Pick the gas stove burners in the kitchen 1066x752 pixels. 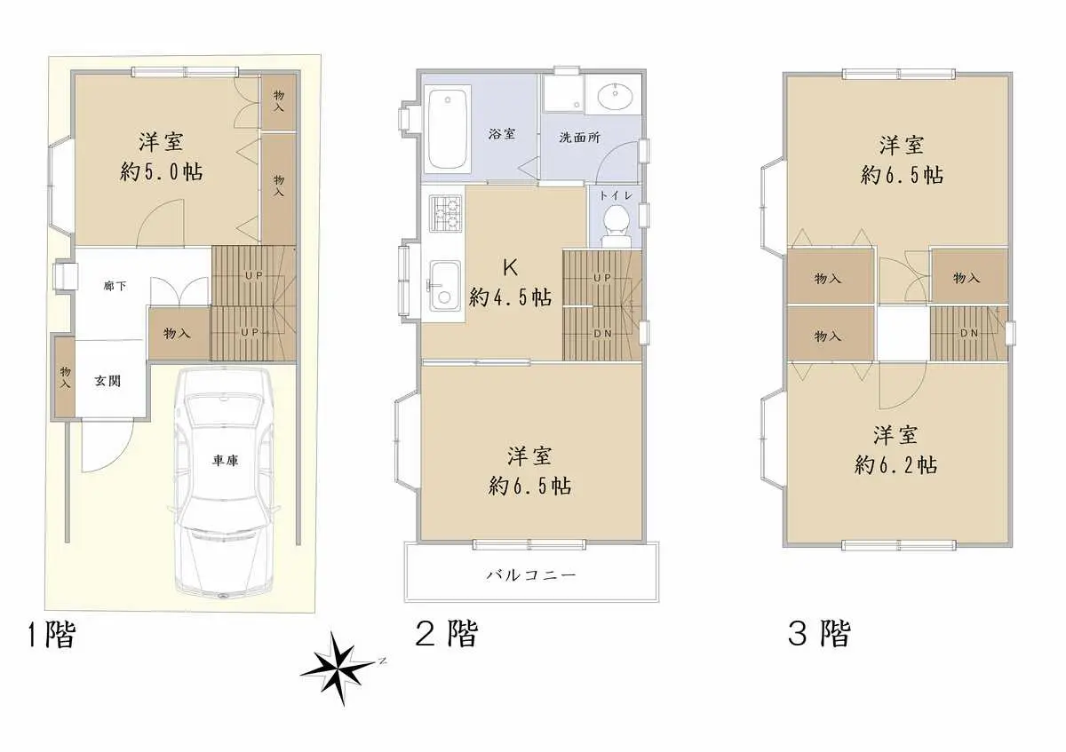(445, 214)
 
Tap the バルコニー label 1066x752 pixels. (530, 575)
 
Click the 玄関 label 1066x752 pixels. (107, 381)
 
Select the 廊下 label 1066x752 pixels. (115, 286)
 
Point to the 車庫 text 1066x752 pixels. (225, 460)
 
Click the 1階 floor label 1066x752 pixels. (52, 635)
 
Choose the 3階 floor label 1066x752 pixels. (819, 633)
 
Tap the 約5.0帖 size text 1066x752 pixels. (162, 171)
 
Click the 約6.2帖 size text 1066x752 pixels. (896, 464)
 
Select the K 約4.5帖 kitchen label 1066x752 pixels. (511, 283)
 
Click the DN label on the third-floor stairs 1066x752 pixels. (969, 333)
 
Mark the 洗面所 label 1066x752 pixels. (579, 138)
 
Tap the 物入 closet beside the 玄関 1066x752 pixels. (65, 377)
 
